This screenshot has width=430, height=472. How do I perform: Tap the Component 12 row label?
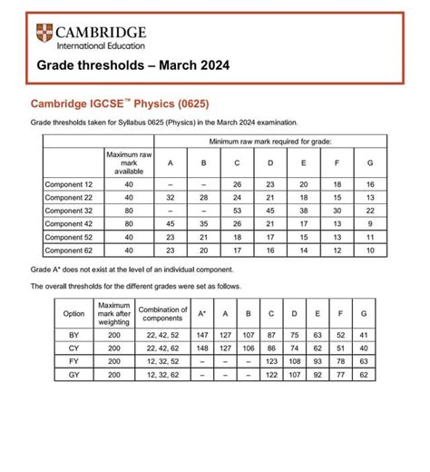[x=69, y=184]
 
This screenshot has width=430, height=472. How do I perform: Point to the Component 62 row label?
[x=69, y=251]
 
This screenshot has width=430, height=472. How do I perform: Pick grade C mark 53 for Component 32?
[x=238, y=211]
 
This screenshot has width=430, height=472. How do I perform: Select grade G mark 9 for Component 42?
[x=370, y=224]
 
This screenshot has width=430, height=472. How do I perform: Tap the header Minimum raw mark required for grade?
[x=270, y=142]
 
